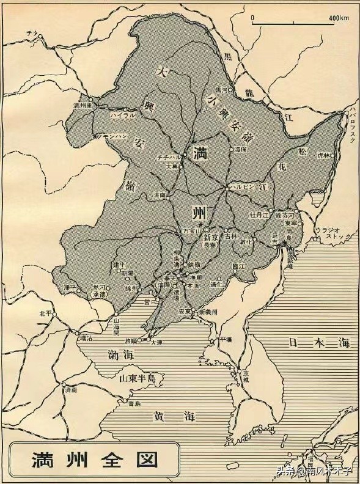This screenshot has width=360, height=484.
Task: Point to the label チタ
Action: (32, 32)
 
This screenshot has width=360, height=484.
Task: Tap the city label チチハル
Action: (168, 157)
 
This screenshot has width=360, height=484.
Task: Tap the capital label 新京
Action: (211, 236)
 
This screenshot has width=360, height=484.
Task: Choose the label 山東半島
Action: (137, 379)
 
